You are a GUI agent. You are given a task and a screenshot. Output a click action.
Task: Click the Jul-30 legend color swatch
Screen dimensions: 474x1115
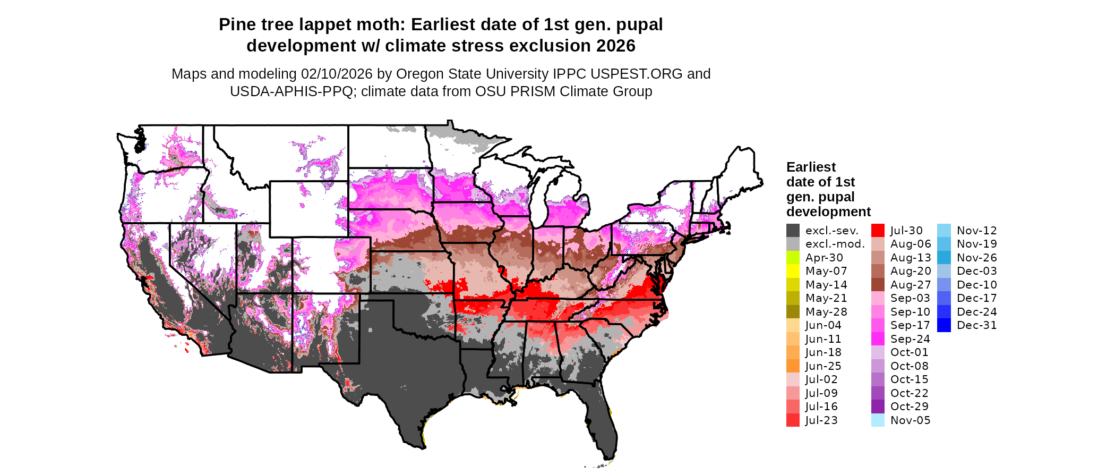pyautogui.click(x=878, y=231)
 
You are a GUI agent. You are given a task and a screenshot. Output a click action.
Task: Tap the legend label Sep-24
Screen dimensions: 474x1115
pyautogui.click(x=910, y=339)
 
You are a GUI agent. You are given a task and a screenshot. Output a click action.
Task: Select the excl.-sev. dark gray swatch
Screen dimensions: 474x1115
pyautogui.click(x=793, y=231)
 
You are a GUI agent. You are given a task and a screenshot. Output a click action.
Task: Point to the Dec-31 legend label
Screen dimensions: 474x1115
pyautogui.click(x=976, y=325)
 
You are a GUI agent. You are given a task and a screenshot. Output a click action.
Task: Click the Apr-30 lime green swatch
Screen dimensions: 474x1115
pyautogui.click(x=793, y=258)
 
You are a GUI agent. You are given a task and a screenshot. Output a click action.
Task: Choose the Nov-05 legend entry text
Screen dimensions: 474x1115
pyautogui.click(x=910, y=420)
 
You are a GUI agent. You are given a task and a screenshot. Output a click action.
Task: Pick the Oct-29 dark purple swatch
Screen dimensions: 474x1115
pyautogui.click(x=878, y=407)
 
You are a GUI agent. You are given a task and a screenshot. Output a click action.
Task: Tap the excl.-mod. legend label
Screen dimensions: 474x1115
pyautogui.click(x=835, y=244)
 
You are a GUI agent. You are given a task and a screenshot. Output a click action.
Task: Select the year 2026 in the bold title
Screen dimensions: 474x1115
pyautogui.click(x=615, y=46)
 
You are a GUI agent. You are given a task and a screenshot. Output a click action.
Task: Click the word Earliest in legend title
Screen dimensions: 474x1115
pyautogui.click(x=811, y=167)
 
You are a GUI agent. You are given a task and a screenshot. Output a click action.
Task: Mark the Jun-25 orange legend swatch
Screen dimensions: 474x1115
pyautogui.click(x=793, y=366)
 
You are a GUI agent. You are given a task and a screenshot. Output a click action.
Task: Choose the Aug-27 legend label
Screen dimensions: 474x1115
pyautogui.click(x=910, y=285)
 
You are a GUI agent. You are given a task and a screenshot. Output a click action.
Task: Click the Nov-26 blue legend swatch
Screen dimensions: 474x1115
pyautogui.click(x=944, y=258)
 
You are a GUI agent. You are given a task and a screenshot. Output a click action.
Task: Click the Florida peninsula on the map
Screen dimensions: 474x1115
pyautogui.click(x=603, y=420)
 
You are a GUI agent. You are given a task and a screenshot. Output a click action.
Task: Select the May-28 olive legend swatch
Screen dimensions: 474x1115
pyautogui.click(x=793, y=312)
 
